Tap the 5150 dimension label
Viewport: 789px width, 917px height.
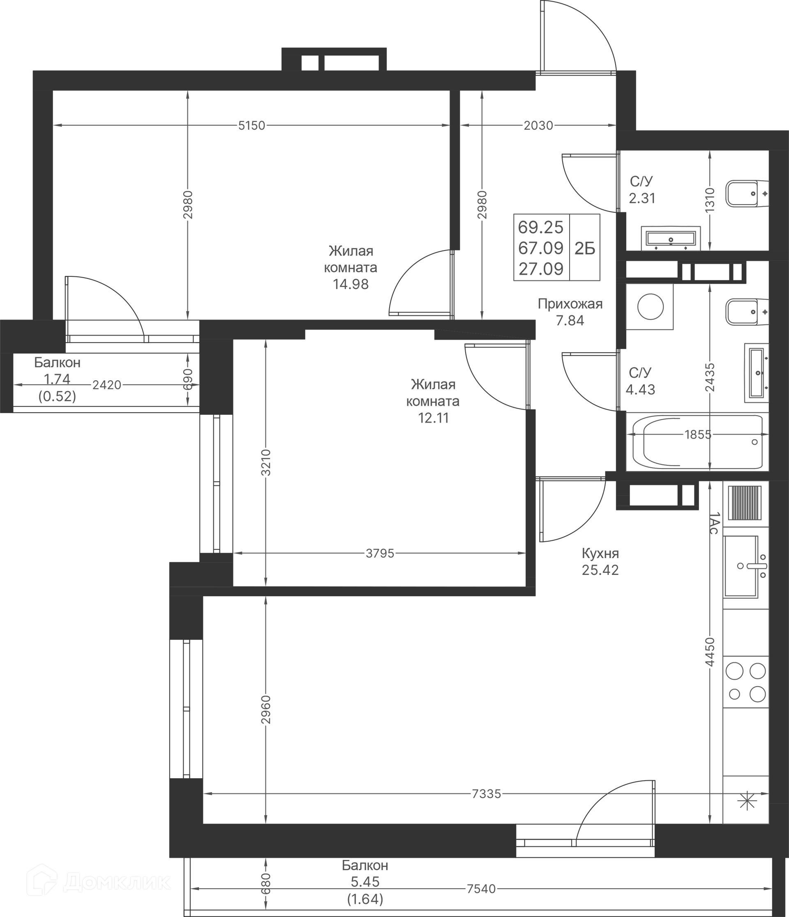point(251,126)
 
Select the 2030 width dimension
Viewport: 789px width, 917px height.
point(538,126)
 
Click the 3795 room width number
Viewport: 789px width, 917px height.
point(380,553)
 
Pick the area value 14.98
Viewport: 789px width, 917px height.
point(351,284)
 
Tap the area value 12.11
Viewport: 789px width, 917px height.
point(434,418)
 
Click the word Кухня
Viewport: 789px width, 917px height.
point(600,553)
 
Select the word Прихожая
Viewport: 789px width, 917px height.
point(570,303)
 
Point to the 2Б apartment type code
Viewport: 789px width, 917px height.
point(585,249)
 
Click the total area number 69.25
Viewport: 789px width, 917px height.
point(541,228)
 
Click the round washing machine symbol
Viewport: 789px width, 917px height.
point(650,307)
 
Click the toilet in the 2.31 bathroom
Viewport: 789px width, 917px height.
point(747,193)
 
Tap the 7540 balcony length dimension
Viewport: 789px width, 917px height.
point(481,889)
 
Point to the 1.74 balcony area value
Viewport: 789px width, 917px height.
point(57,379)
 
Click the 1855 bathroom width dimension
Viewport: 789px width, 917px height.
point(697,434)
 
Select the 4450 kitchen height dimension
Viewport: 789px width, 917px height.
point(710,652)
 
